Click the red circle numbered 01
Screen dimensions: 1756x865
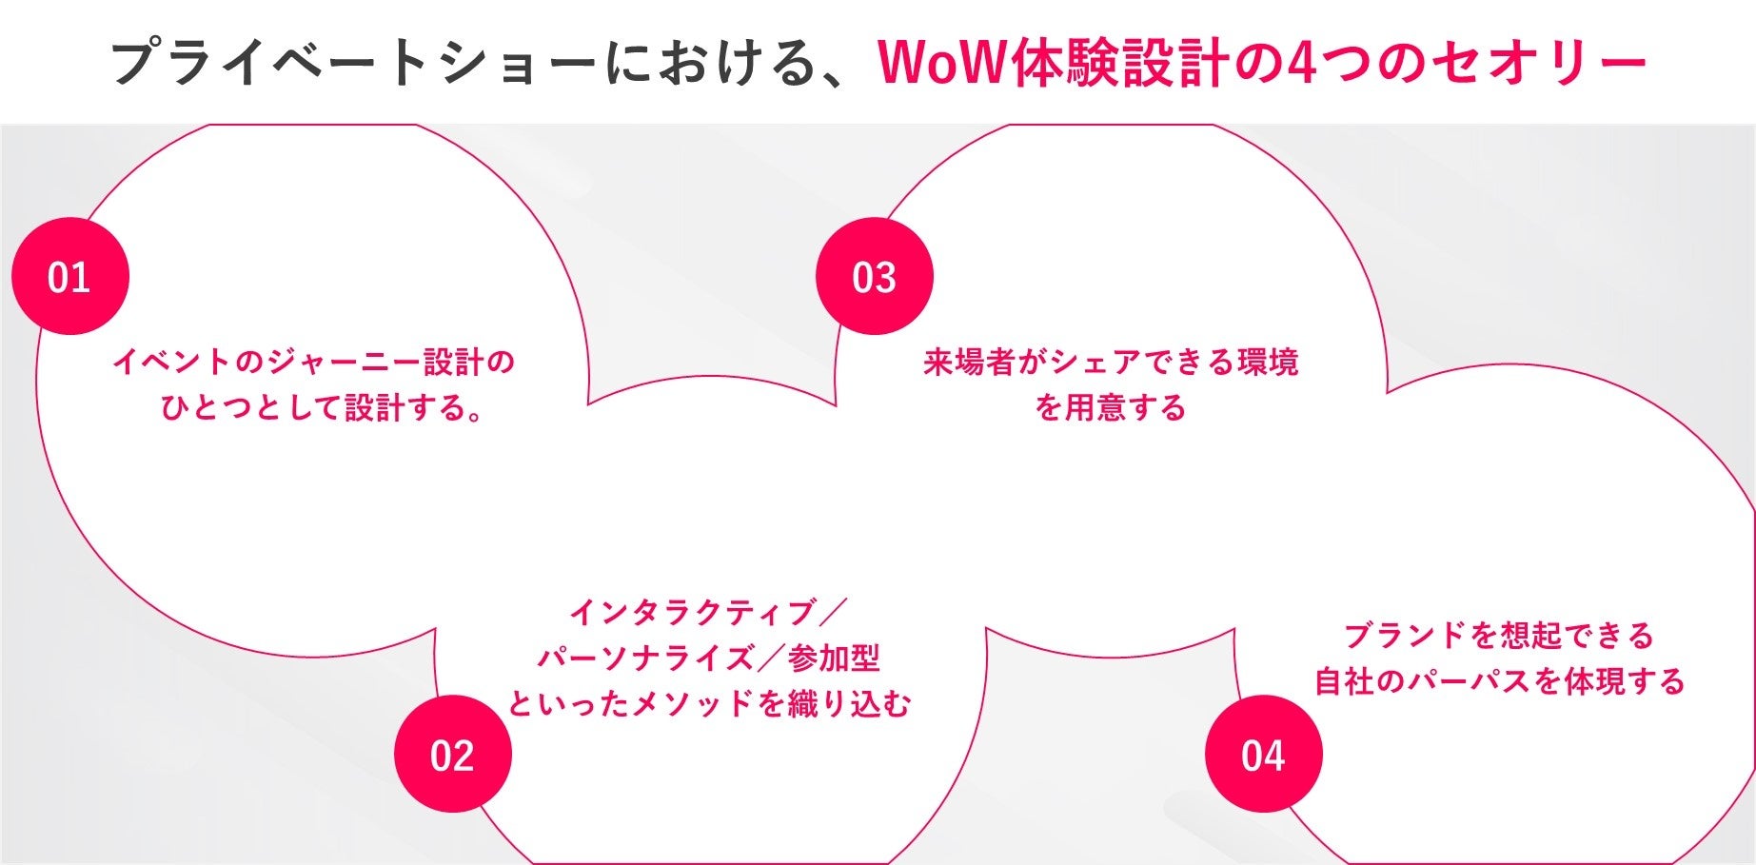(x=69, y=276)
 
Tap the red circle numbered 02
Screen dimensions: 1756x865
(x=452, y=754)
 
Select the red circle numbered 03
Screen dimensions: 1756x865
(x=874, y=276)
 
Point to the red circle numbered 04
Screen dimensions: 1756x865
(x=1263, y=754)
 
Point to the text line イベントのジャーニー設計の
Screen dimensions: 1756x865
(x=314, y=363)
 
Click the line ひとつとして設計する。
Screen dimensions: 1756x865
(x=322, y=408)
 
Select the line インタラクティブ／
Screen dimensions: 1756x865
(x=708, y=612)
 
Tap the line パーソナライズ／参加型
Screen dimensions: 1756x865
(x=709, y=658)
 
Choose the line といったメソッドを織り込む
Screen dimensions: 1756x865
(x=709, y=704)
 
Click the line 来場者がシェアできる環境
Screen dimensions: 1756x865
(x=1111, y=363)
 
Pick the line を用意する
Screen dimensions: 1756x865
(x=1111, y=408)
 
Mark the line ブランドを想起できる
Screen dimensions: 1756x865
(x=1499, y=635)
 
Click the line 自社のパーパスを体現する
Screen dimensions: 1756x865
(x=1499, y=681)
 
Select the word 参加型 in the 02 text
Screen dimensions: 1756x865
(x=834, y=658)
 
